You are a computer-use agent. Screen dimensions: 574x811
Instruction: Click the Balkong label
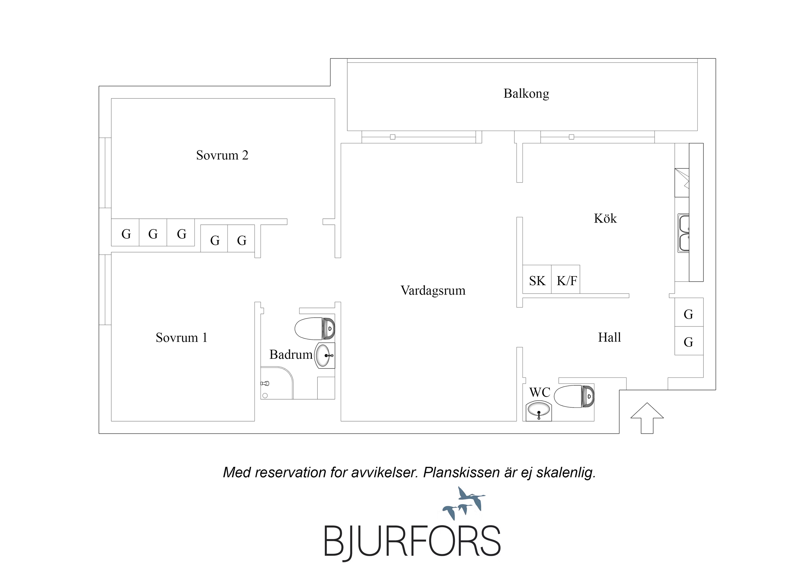click(526, 94)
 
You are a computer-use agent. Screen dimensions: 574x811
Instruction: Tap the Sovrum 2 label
click(222, 155)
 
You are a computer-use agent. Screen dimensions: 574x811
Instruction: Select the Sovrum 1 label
click(181, 338)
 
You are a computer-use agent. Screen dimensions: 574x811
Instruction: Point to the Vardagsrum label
click(433, 291)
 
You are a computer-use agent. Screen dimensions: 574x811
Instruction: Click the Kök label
click(605, 219)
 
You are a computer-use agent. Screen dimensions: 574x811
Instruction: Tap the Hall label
click(609, 338)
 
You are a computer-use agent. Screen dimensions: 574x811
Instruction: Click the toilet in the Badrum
click(314, 328)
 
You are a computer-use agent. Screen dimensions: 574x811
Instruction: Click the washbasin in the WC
click(539, 411)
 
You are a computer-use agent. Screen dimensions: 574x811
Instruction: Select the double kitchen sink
click(683, 233)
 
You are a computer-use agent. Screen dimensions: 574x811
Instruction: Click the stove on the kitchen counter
click(682, 183)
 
